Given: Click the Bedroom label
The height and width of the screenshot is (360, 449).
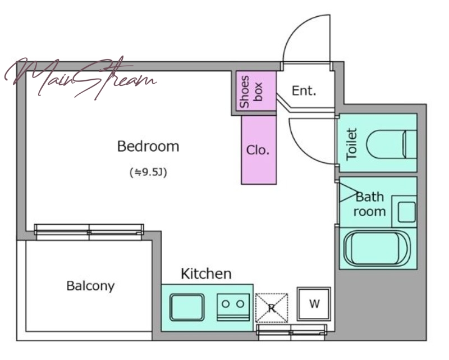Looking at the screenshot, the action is tap(148, 146).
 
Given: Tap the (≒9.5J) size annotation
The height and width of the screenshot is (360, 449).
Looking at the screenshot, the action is tap(148, 172).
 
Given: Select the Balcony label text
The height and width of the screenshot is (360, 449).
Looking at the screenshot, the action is tap(90, 286).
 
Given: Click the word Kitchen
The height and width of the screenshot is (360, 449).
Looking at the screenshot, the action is tap(206, 274).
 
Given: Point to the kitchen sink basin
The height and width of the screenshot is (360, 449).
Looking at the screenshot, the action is tap(187, 307).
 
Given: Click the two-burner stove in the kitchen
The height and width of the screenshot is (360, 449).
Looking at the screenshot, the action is tap(233, 307).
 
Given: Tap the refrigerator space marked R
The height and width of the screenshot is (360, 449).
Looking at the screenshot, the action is tap(272, 308).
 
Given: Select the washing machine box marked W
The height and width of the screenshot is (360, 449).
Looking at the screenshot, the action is tap(314, 304).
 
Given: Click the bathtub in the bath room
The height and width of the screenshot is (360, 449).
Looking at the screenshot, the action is tap(377, 248).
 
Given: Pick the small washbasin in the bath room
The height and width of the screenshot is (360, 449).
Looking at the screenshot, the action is tap(406, 212).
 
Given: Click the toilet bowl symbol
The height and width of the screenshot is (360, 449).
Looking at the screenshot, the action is tap(391, 144).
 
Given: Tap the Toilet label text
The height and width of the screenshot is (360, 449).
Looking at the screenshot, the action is tap(352, 144).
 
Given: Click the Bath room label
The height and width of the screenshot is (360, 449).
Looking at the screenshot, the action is tap(370, 204).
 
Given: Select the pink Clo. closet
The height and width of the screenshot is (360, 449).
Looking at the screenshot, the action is tap(259, 149).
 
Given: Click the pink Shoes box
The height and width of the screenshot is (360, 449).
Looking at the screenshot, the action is tap(256, 91).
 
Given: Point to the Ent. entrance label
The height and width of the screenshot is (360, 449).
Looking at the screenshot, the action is tap(304, 91).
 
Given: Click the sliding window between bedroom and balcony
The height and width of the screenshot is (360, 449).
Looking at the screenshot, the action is tap(89, 231).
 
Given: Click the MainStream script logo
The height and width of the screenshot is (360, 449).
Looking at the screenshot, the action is tap(80, 78).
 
